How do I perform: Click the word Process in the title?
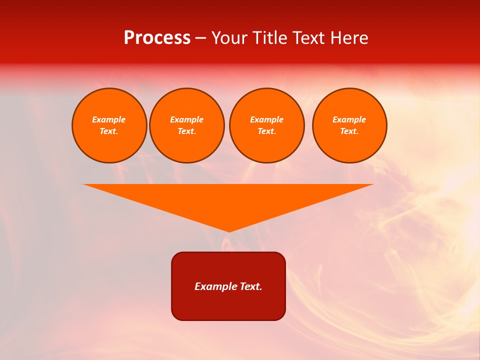157,38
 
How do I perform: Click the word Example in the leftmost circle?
108,119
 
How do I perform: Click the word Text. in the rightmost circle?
349,131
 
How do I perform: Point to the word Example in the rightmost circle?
349,119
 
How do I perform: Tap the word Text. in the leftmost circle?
108,131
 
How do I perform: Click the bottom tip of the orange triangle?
229,230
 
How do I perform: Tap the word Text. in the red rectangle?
251,286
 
